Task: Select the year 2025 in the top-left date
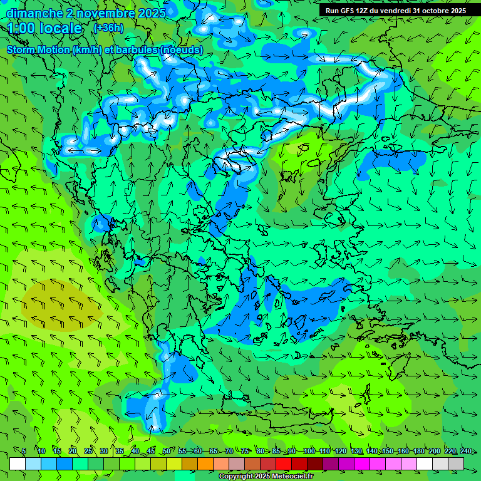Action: click(x=148, y=13)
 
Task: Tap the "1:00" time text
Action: click(x=23, y=28)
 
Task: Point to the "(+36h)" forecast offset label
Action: click(x=108, y=28)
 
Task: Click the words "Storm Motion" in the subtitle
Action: click(x=38, y=49)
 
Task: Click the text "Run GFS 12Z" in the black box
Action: click(x=347, y=11)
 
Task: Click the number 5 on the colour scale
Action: click(x=24, y=451)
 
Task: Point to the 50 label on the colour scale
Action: click(x=167, y=451)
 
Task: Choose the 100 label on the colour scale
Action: click(x=309, y=451)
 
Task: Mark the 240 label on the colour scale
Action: click(x=466, y=451)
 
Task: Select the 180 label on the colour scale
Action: click(x=419, y=451)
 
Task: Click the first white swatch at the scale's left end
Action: click(x=18, y=463)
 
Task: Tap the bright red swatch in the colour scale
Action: click(x=284, y=463)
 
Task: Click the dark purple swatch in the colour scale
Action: click(x=331, y=463)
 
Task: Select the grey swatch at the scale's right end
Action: click(x=456, y=463)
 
